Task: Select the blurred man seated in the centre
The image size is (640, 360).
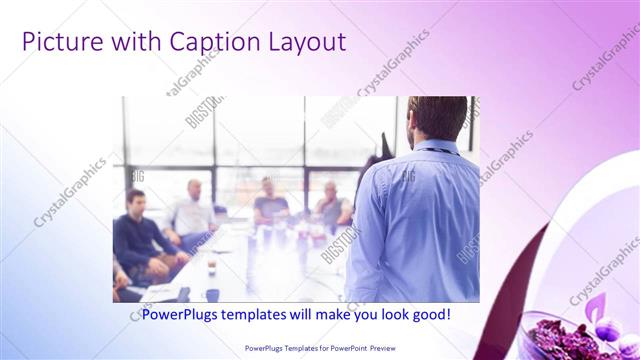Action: pos(269,204)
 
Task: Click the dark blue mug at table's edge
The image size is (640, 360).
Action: pos(212,294)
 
